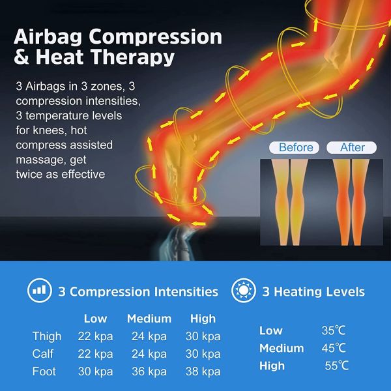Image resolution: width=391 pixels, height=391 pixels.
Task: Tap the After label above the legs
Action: (x=353, y=147)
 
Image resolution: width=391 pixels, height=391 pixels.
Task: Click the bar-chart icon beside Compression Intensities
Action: (x=39, y=291)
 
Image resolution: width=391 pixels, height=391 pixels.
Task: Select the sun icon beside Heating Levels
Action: (x=244, y=291)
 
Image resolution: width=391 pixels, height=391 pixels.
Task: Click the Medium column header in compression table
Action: (x=149, y=319)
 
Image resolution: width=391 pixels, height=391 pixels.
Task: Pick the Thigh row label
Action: (x=47, y=336)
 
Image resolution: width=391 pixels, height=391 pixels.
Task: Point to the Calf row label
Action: (x=44, y=354)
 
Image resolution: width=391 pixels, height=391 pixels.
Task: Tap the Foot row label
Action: (x=44, y=371)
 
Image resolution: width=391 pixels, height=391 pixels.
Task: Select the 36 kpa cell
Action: (x=149, y=371)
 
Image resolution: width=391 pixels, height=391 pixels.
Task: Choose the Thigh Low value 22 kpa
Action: (x=95, y=336)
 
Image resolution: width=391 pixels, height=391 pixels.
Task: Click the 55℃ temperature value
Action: (x=337, y=366)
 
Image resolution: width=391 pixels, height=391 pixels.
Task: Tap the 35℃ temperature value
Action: (x=334, y=330)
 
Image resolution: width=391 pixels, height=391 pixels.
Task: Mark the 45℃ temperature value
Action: (x=334, y=348)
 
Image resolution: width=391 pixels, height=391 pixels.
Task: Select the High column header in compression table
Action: (x=203, y=319)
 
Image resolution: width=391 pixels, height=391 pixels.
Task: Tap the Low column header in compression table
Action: (x=95, y=319)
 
